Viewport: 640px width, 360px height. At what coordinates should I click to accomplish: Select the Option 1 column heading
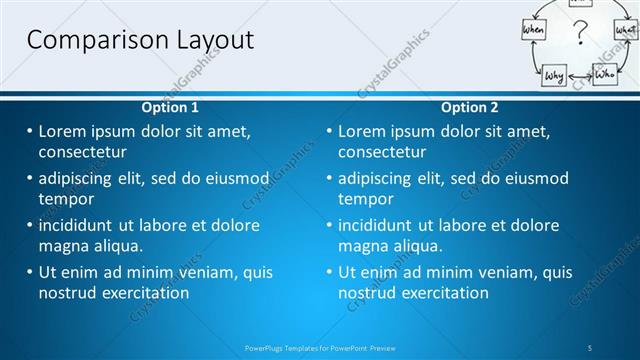click(170, 107)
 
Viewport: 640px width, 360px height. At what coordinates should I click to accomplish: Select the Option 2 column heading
click(469, 107)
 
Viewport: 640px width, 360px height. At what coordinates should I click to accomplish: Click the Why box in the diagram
click(554, 75)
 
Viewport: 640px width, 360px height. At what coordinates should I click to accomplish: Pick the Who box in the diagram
click(605, 74)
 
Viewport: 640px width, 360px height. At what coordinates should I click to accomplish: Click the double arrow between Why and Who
click(580, 75)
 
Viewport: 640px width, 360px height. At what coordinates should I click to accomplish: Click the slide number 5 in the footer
click(590, 347)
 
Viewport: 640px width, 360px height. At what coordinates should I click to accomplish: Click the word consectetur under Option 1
click(83, 152)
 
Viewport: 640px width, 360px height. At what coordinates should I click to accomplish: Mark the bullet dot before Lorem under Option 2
click(329, 131)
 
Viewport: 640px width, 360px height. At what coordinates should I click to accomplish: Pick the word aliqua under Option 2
click(419, 246)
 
